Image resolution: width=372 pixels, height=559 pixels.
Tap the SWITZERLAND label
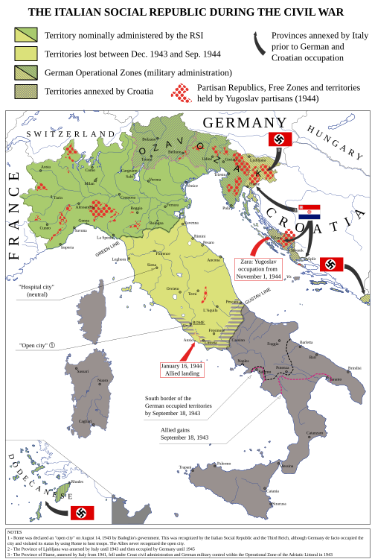click(x=68, y=134)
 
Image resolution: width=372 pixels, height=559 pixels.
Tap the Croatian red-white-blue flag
click(x=309, y=212)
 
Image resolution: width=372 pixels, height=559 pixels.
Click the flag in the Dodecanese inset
click(x=82, y=512)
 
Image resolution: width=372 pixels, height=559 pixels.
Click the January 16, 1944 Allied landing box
click(x=182, y=370)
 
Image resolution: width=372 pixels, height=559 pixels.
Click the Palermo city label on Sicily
click(x=223, y=464)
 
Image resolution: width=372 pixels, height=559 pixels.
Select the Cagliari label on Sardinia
click(x=85, y=421)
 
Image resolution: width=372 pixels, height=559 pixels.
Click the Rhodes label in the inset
click(x=77, y=481)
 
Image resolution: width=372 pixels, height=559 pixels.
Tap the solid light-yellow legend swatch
click(x=26, y=53)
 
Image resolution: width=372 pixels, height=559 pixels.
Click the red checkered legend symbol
click(x=181, y=91)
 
